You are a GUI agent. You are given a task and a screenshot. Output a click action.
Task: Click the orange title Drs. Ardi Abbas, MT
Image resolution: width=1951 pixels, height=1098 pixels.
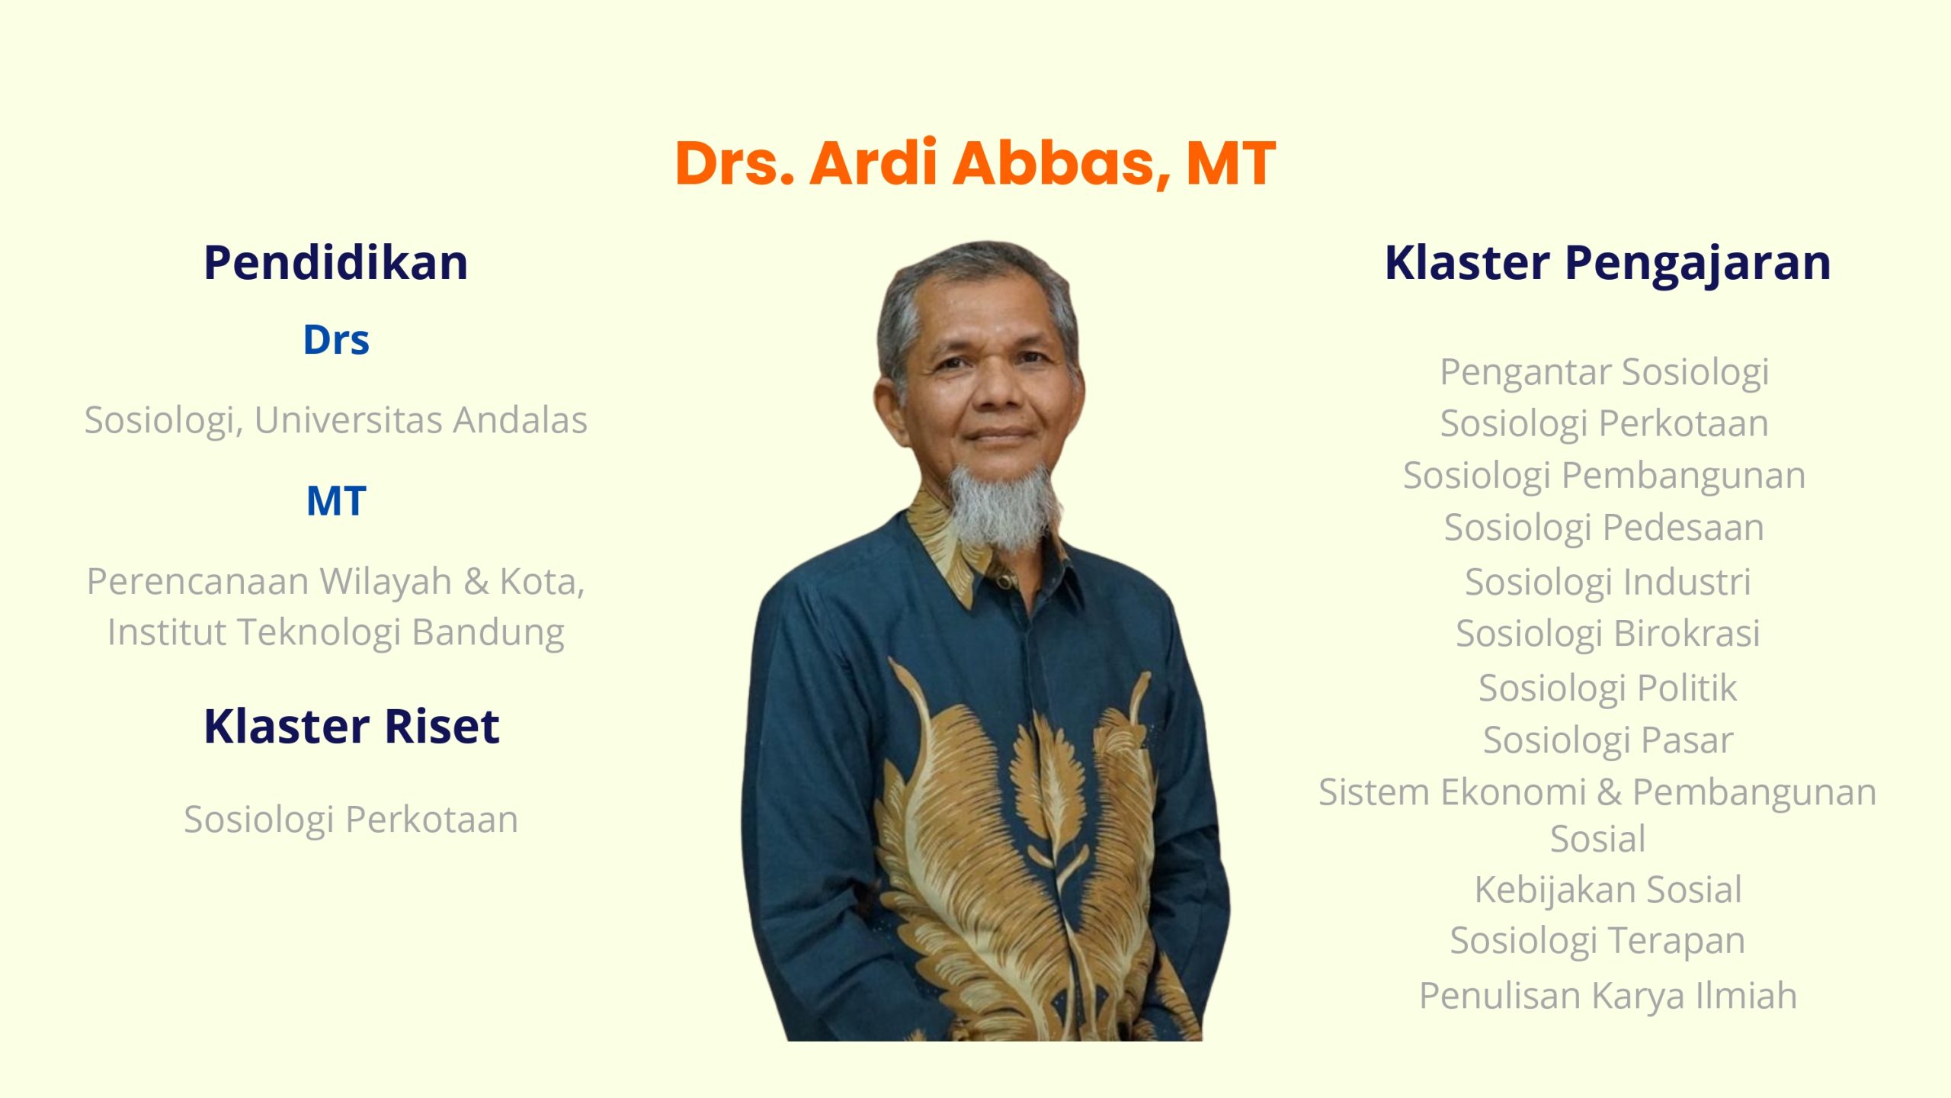975,164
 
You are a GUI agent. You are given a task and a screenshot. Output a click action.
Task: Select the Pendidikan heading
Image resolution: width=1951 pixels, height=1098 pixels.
335,263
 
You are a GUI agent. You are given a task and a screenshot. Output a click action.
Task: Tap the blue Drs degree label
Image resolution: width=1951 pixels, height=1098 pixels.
336,340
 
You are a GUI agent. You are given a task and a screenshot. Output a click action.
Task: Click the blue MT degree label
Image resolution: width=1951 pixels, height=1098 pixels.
336,501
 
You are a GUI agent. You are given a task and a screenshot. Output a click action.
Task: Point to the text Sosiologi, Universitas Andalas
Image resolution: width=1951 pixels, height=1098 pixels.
336,421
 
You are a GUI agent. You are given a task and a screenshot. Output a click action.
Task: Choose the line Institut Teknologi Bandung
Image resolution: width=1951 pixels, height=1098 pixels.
336,633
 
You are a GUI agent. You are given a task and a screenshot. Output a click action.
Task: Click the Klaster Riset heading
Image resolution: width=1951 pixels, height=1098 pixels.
351,726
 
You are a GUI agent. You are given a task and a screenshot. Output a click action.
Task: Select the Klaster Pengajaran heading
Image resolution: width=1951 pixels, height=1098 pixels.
1608,264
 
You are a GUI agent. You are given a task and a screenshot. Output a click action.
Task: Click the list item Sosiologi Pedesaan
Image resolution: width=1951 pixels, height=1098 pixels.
1604,528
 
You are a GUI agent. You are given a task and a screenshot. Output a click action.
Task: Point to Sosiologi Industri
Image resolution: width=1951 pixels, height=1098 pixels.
1608,582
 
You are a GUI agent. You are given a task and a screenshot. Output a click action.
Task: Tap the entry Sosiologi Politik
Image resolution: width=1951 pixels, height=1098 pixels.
1608,689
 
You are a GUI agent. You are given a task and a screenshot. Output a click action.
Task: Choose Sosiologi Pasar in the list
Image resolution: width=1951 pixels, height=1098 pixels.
1608,740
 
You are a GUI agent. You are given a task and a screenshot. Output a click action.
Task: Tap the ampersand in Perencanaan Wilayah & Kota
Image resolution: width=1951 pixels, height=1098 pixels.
476,582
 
